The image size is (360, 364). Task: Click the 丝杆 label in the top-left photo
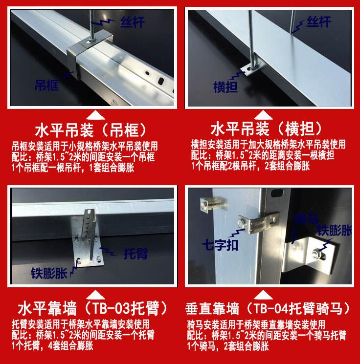coord(133,22)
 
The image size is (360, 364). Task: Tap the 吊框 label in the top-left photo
coord(47,85)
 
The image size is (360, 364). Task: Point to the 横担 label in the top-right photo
coord(225,87)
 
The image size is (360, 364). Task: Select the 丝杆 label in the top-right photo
coord(318,21)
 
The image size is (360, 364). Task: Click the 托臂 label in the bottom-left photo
coord(135,253)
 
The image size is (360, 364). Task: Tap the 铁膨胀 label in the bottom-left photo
coord(49,273)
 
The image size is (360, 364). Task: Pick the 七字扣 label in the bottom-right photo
coord(220,245)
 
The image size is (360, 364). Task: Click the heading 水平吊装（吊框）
coord(91,130)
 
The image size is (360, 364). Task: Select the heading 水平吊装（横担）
coord(267,129)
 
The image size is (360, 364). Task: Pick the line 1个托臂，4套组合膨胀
coord(52,345)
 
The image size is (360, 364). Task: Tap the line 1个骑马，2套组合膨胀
coord(228,346)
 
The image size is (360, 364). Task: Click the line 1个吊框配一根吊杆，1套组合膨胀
coord(73,168)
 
